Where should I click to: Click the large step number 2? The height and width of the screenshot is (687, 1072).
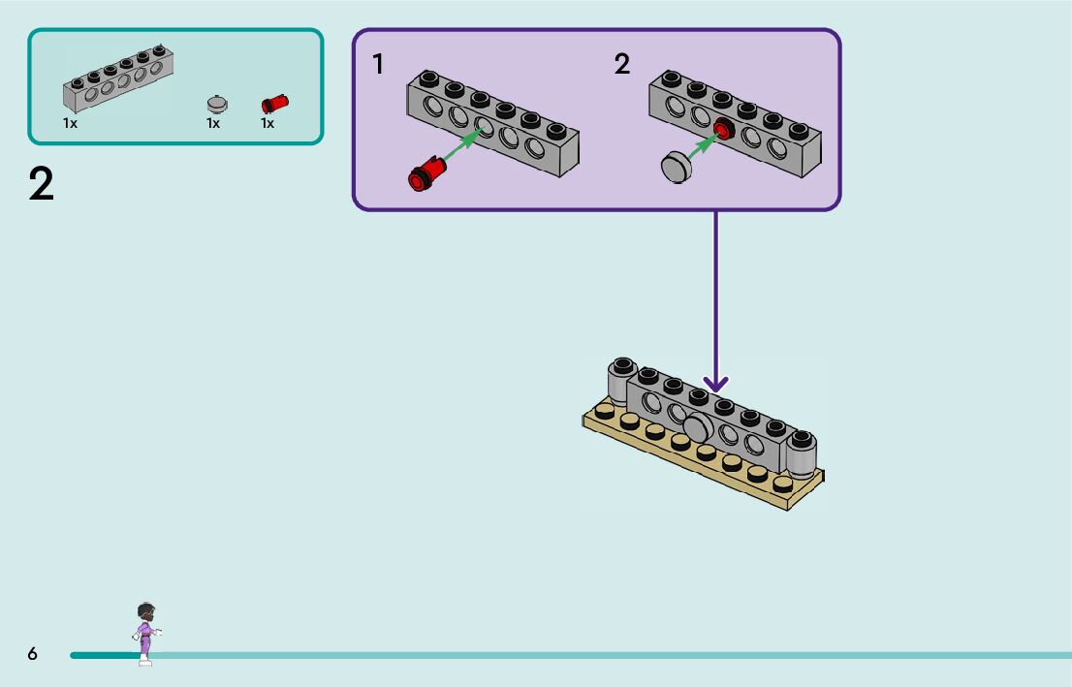pos(42,184)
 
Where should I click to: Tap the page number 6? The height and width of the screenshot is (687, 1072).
pos(33,654)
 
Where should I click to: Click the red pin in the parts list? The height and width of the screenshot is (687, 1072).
pos(275,104)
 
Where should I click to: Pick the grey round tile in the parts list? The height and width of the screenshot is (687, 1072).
pos(218,104)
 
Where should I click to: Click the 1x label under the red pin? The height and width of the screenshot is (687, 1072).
pos(268,124)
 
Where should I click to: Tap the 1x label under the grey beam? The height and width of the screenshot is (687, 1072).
pos(70,124)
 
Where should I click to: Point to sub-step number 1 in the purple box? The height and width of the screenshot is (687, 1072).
pos(378,65)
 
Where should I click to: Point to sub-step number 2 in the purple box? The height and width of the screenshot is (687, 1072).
pos(621,65)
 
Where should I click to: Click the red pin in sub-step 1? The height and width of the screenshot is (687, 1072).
pos(427,173)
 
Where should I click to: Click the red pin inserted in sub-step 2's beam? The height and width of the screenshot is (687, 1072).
pos(723,130)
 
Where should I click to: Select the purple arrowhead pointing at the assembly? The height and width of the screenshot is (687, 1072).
pos(716,386)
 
